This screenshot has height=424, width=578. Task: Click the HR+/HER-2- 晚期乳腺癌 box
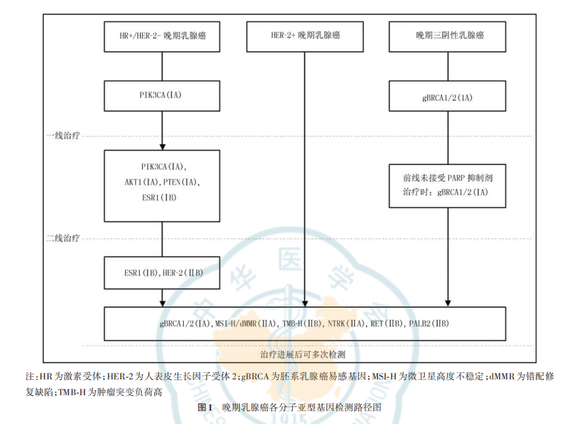[162, 36]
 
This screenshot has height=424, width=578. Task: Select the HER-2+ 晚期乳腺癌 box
[305, 36]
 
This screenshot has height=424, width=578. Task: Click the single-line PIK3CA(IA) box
[162, 96]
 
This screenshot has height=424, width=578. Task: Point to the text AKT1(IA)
[141, 182]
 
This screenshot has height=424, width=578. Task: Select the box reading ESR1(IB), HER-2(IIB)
[162, 273]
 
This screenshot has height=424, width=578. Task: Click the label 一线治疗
[63, 136]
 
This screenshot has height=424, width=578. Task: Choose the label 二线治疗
[63, 238]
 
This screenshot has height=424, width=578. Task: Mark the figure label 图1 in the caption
[204, 407]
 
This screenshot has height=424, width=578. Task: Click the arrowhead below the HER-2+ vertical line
[305, 302]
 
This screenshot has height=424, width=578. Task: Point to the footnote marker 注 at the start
[29, 376]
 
